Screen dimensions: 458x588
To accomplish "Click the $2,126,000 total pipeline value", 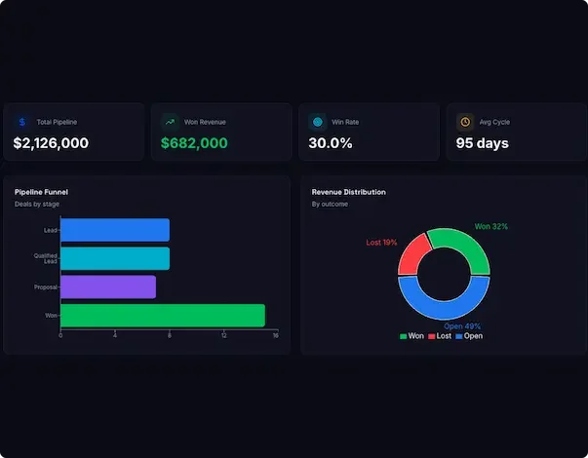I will point(51,143).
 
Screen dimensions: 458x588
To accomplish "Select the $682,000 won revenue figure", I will point(194,143).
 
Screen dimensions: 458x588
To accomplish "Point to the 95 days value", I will point(482,143).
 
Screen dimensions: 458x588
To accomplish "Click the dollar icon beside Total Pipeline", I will point(21,122).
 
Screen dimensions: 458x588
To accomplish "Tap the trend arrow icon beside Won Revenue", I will point(170,122).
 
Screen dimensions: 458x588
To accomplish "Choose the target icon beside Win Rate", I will point(317,122).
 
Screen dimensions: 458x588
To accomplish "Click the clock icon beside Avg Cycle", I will point(465,122).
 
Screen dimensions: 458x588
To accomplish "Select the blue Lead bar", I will point(114,230).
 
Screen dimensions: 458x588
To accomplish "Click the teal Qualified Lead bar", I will point(114,258).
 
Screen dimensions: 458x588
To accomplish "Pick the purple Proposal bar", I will point(107,286).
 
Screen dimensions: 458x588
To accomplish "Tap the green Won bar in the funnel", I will point(162,315).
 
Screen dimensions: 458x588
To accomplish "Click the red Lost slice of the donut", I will point(412,254).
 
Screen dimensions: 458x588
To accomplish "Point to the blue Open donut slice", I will point(444,305).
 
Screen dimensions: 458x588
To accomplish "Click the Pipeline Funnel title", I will point(41,192).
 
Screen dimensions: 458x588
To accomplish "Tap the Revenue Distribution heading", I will point(348,192).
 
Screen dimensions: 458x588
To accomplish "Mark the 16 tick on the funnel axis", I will point(276,336).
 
